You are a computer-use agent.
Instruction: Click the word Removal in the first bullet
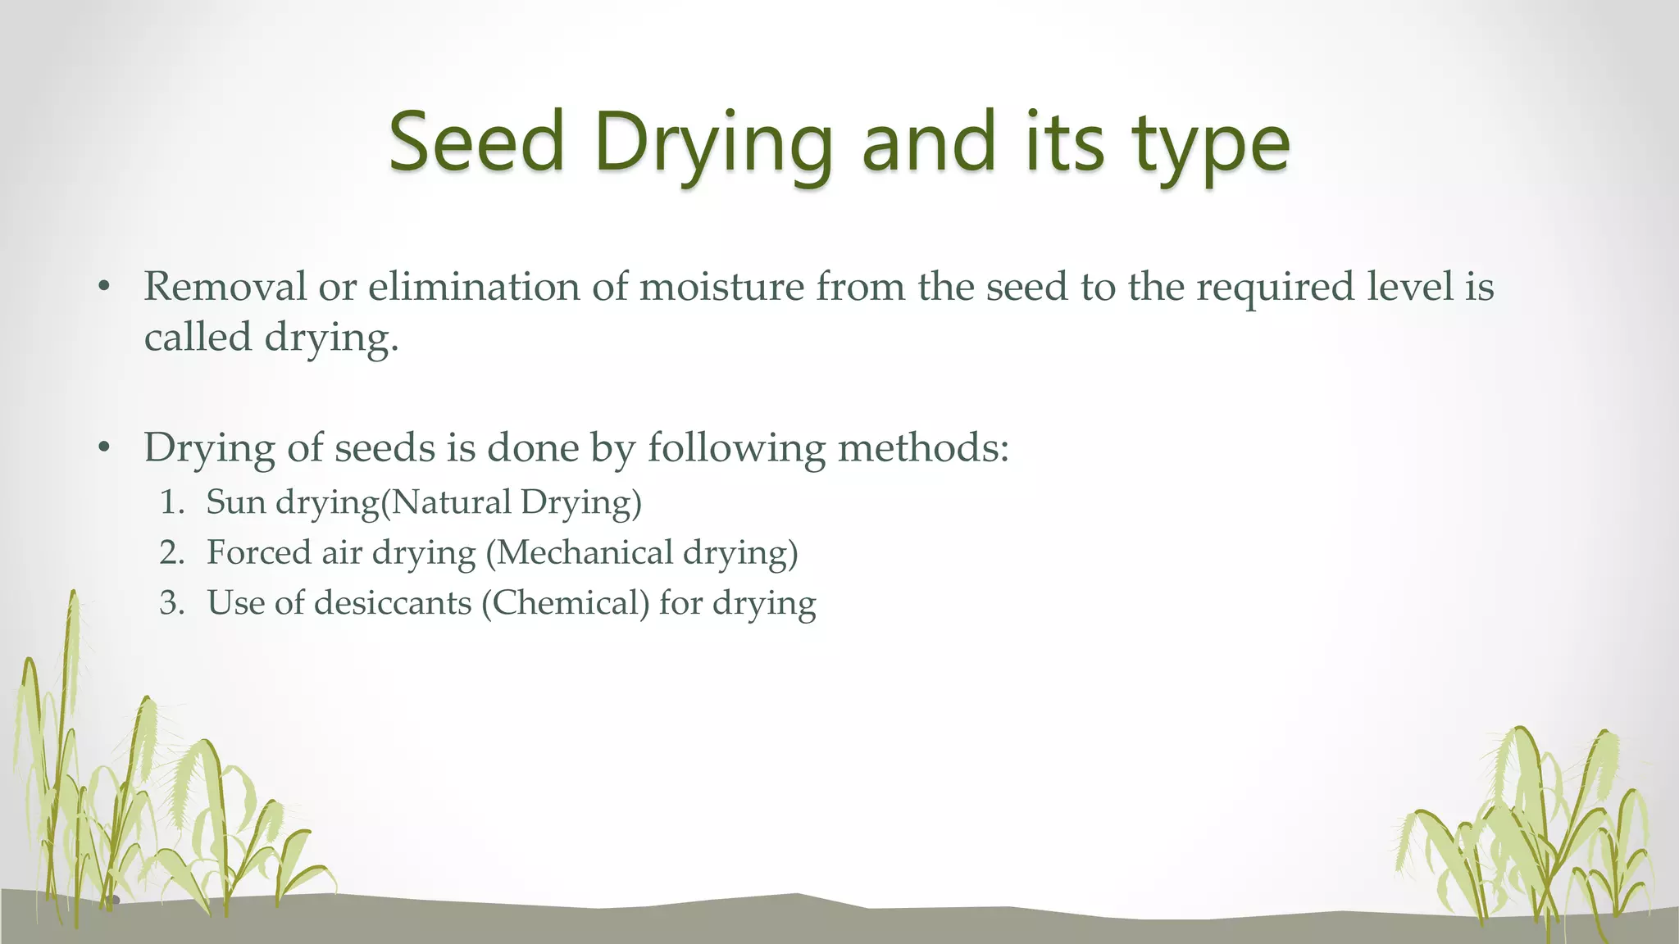click(x=225, y=287)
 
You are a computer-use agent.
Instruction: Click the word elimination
click(x=474, y=287)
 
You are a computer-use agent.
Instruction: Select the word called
click(x=197, y=337)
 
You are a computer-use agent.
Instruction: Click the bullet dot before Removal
click(x=103, y=288)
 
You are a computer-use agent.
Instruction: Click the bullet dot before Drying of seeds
click(x=103, y=448)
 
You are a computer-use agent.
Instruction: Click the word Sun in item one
click(x=236, y=502)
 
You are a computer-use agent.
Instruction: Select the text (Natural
click(x=447, y=502)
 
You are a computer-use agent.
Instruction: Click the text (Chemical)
click(x=565, y=604)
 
